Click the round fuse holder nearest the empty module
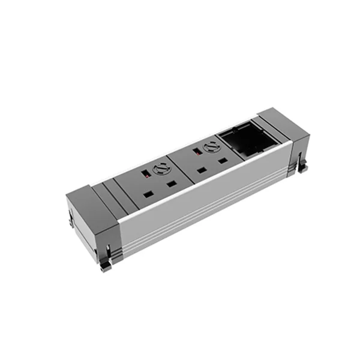(x=210, y=146)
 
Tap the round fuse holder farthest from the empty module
(x=159, y=170)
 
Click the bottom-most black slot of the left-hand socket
(x=147, y=194)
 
